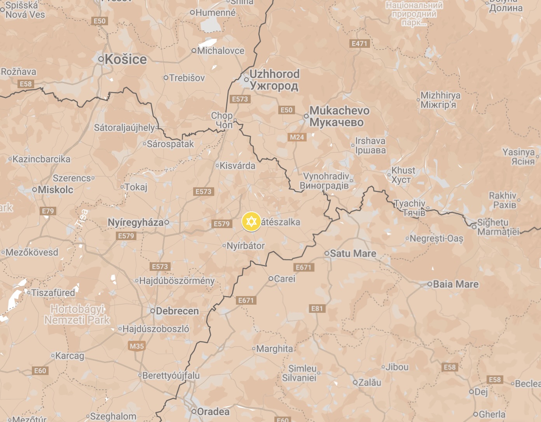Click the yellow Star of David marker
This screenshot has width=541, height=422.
pyautogui.click(x=251, y=222)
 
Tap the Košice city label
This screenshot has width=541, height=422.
pyautogui.click(x=125, y=59)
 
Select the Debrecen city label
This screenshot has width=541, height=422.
pyautogui.click(x=177, y=311)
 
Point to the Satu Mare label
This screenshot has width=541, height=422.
pyautogui.click(x=353, y=254)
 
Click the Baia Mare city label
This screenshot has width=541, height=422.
pyautogui.click(x=455, y=284)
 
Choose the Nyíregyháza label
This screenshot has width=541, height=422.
pyautogui.click(x=136, y=223)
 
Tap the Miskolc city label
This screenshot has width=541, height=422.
pyautogui.click(x=55, y=190)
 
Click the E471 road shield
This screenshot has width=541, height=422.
pyautogui.click(x=359, y=44)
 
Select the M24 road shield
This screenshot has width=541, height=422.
pyautogui.click(x=297, y=137)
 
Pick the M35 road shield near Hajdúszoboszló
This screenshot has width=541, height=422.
pyautogui.click(x=136, y=346)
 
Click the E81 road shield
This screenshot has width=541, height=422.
pyautogui.click(x=317, y=309)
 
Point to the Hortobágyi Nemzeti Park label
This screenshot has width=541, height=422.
pyautogui.click(x=77, y=315)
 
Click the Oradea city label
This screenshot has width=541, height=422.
pyautogui.click(x=213, y=412)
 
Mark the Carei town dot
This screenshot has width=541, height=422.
pyautogui.click(x=271, y=279)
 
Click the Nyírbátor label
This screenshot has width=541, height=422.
pyautogui.click(x=246, y=246)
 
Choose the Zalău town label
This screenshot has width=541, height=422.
pyautogui.click(x=369, y=382)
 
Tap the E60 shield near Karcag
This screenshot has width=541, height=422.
pyautogui.click(x=40, y=371)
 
